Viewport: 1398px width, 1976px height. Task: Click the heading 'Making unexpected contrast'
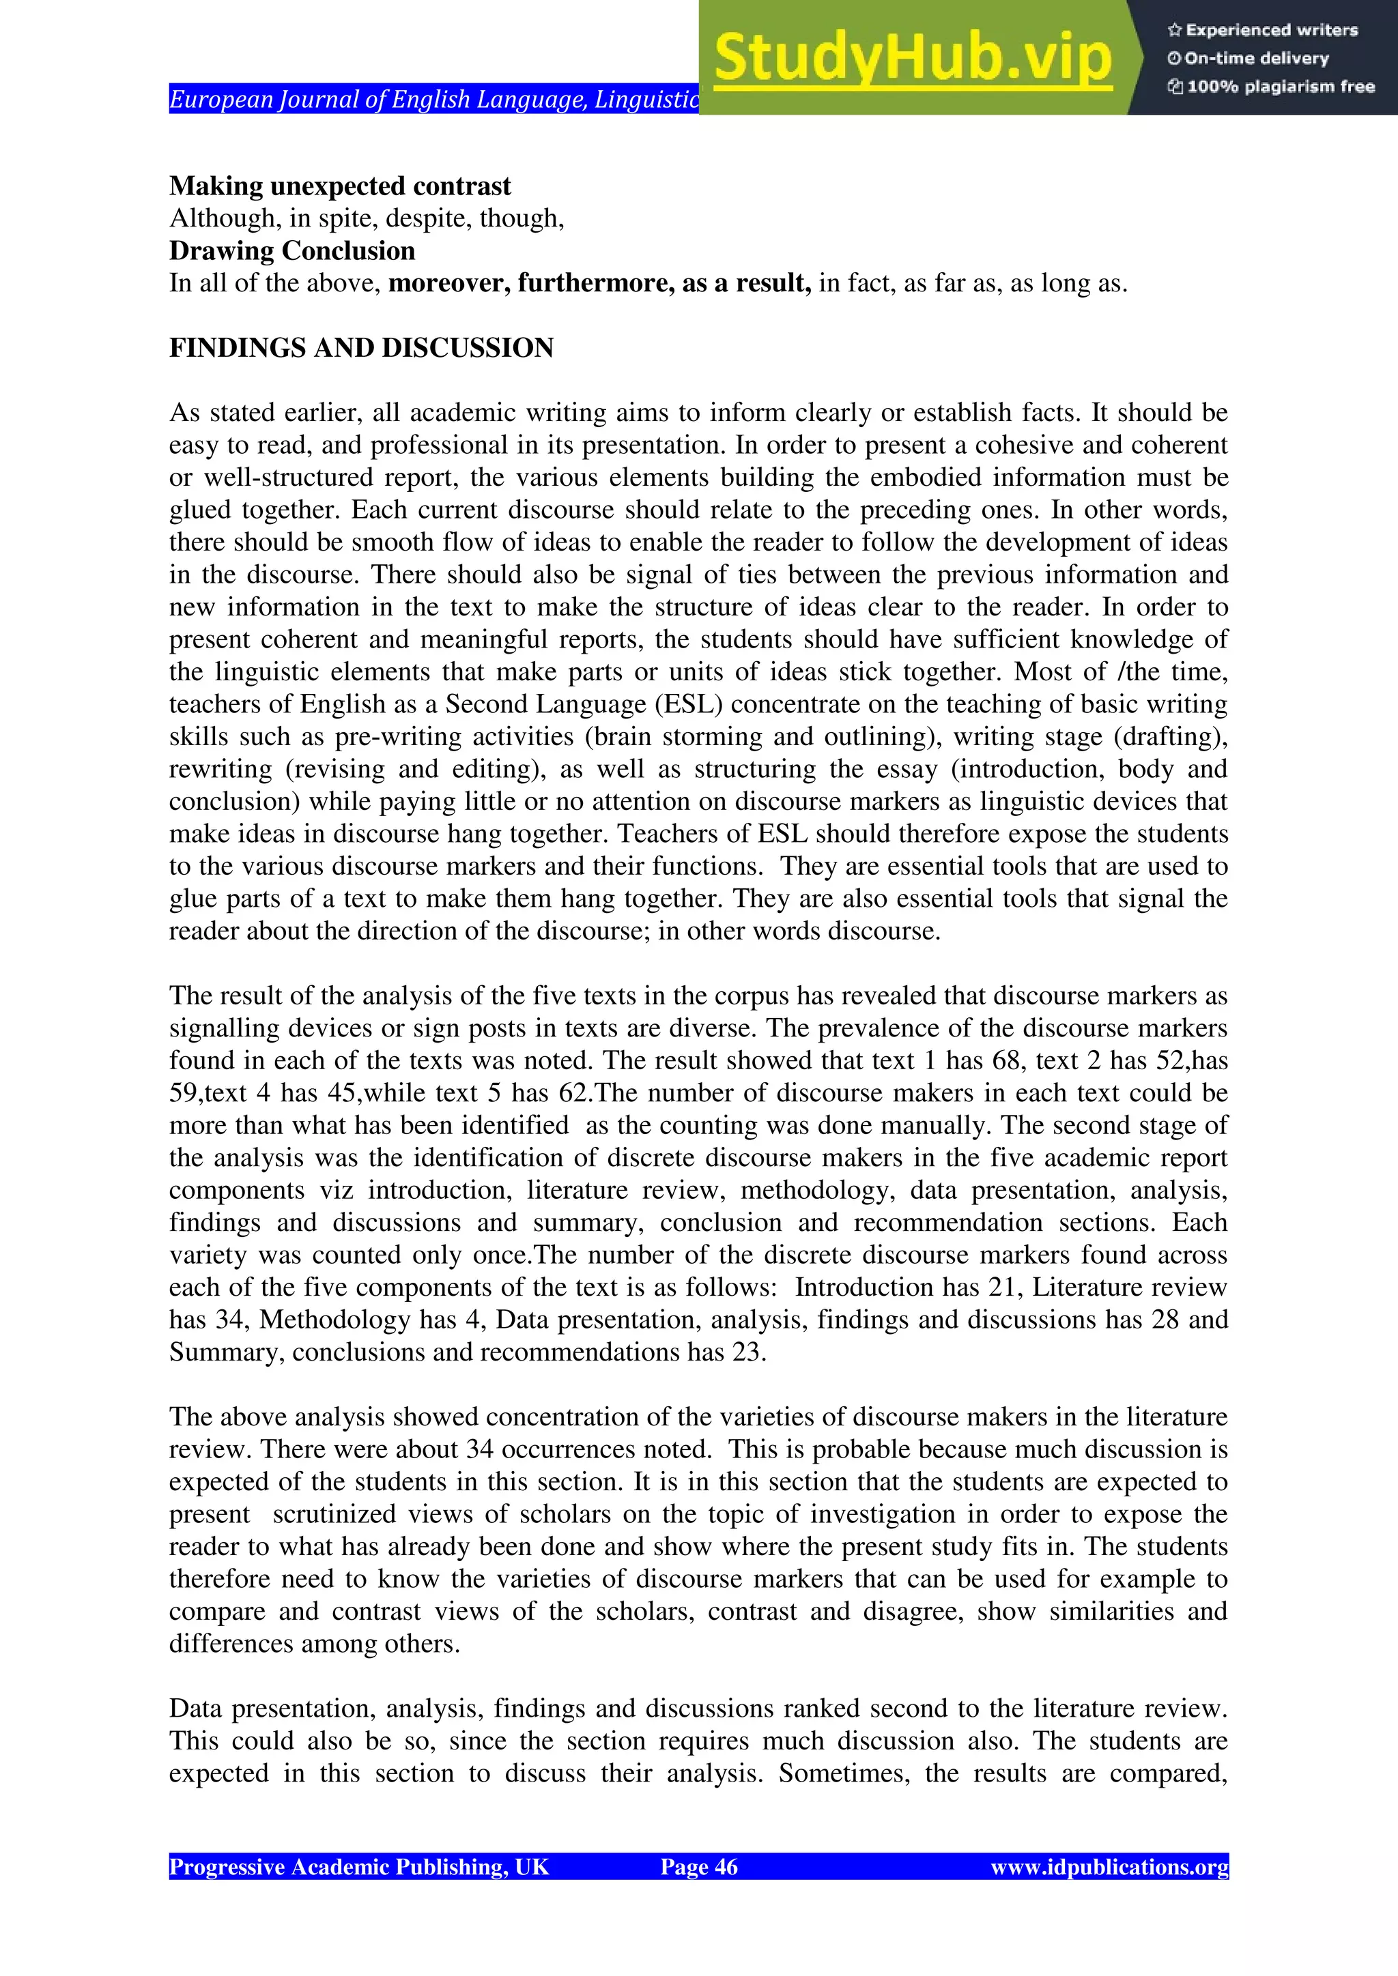(340, 186)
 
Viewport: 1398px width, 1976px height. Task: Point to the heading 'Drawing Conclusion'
(292, 250)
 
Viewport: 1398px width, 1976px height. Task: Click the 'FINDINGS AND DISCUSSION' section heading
(360, 348)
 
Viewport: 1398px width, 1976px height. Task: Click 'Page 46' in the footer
(698, 1867)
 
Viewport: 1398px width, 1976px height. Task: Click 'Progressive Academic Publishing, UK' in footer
(358, 1867)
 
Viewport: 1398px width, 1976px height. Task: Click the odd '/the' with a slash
(1142, 671)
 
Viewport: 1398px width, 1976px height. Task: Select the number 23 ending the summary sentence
(748, 1352)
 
